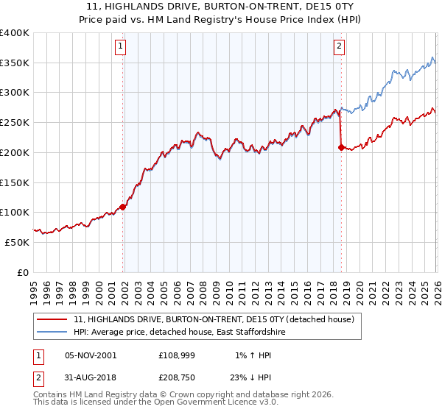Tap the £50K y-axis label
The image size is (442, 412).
coord(17,242)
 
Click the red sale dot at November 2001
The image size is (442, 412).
coord(123,207)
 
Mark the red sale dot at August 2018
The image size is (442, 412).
coord(341,147)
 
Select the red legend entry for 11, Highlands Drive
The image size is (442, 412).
coord(214,319)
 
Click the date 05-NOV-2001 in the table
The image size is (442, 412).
coord(91,355)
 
